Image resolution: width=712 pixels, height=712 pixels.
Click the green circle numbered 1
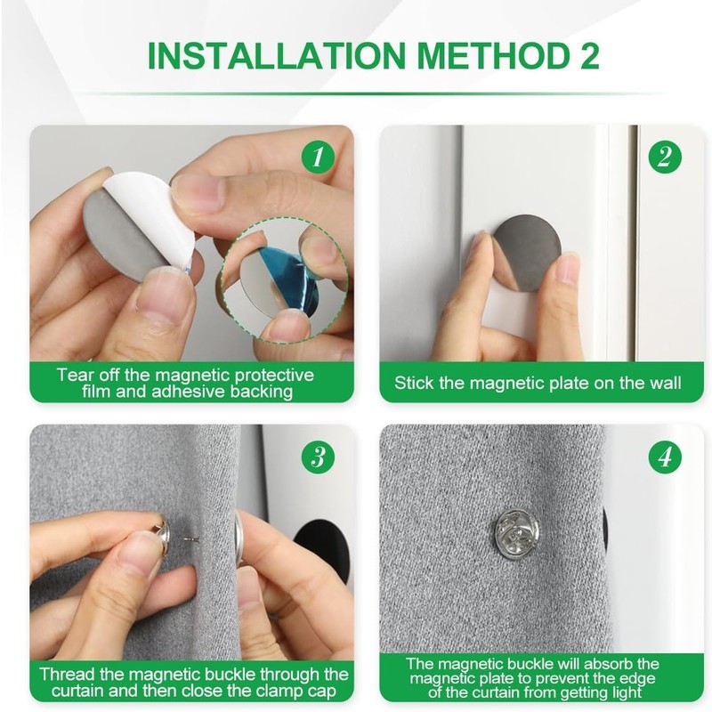pyautogui.click(x=318, y=157)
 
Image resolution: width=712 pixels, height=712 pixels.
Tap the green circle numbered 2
pyautogui.click(x=665, y=157)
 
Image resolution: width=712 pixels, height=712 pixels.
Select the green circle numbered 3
pyautogui.click(x=318, y=457)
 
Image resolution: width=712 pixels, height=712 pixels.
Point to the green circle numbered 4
pyautogui.click(x=665, y=457)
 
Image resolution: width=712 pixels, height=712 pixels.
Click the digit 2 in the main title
pyautogui.click(x=589, y=55)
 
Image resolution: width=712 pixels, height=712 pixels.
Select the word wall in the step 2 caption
pyautogui.click(x=664, y=383)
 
